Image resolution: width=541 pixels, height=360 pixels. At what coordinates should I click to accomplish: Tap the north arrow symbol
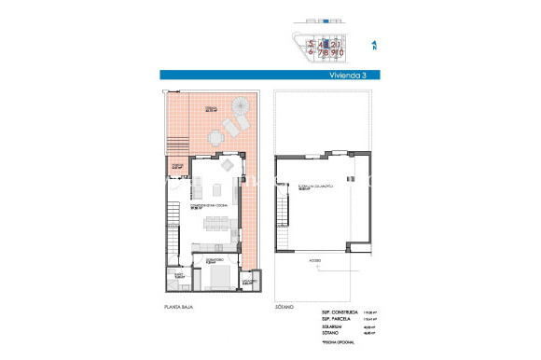[x=373, y=44]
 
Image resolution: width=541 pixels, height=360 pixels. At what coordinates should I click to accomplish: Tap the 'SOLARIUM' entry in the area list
[x=332, y=326]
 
